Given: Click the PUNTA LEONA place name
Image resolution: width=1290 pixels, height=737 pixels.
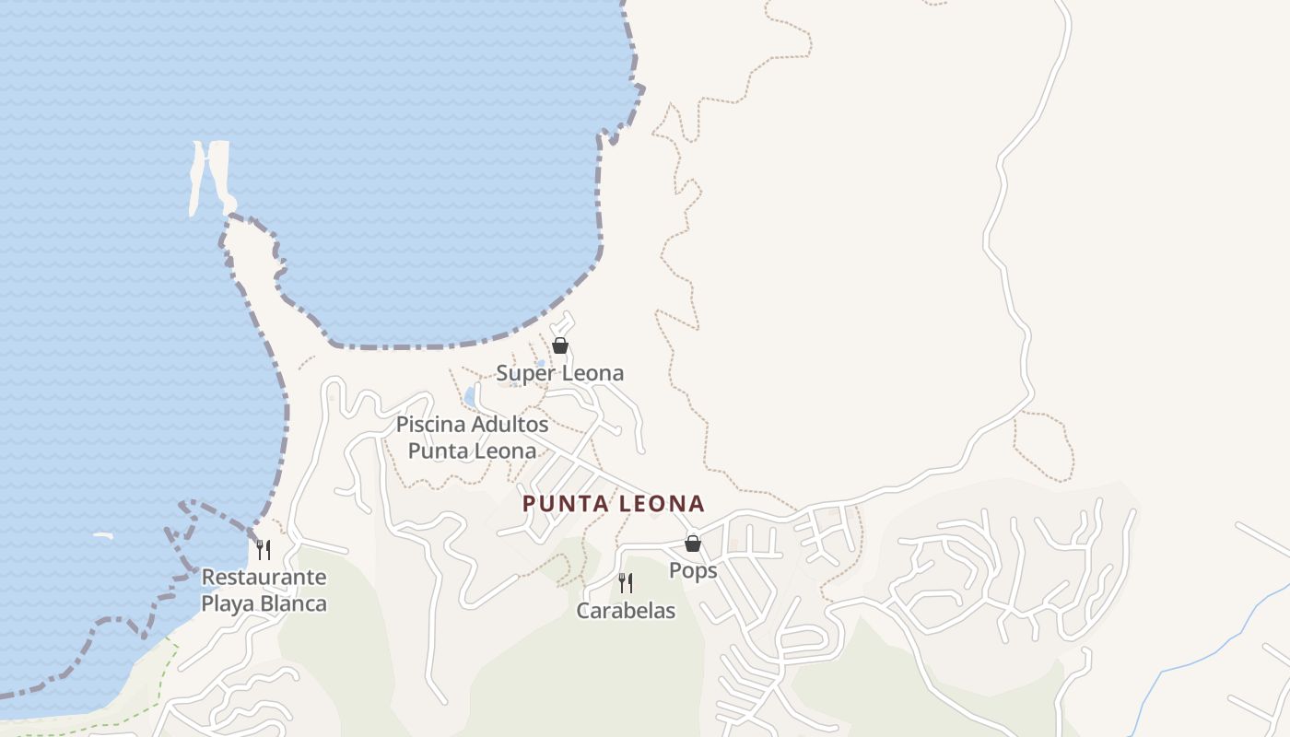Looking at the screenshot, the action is coord(613,504).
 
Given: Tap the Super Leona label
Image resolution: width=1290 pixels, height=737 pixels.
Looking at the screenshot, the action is coord(559,373).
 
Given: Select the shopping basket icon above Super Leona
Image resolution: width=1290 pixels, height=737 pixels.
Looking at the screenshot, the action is coord(559,345).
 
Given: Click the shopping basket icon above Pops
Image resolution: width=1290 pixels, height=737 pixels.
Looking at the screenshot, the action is coord(692,544).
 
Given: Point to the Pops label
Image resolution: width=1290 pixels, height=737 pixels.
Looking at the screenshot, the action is coord(693,570).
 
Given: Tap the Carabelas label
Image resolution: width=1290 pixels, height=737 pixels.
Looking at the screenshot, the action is coord(626,611).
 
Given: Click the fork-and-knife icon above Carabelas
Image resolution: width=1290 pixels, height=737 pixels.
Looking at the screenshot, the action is coord(625,582).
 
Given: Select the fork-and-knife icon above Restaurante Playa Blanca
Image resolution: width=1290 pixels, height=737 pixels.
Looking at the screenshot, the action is coord(264,550).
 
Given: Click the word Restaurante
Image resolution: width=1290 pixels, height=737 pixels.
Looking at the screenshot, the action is coord(264,578).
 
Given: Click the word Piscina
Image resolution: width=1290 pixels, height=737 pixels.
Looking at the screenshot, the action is coord(430,425).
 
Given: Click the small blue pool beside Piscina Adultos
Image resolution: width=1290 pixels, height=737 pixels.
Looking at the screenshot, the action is coord(470,397).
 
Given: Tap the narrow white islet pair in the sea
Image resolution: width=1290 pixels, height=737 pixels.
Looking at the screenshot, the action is coord(210,175).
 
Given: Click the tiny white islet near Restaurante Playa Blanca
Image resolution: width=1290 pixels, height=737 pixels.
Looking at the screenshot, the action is coord(102,535).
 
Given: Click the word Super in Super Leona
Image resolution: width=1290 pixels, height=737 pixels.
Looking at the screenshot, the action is coord(525,373).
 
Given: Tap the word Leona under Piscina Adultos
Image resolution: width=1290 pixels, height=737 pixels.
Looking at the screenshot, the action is coord(504,451).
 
